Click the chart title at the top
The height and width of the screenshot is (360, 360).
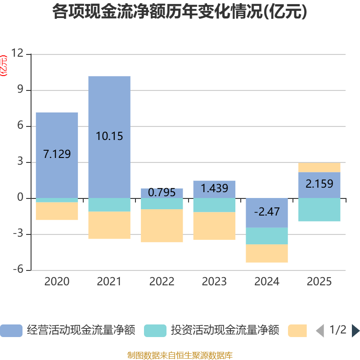point(180,12)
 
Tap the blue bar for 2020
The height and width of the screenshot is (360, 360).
point(57,130)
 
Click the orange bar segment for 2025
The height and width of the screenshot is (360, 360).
point(319,167)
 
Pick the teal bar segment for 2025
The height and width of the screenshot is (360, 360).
point(319,210)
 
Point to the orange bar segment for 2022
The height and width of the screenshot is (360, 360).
point(162,226)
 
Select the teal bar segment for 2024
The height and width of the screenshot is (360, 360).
point(267,236)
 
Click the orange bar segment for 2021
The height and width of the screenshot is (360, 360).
point(109,225)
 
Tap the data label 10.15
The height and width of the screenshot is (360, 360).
point(109,136)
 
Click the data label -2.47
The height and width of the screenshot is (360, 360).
point(267,211)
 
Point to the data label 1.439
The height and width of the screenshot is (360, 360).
point(214,189)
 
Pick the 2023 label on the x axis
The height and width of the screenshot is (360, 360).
point(214,282)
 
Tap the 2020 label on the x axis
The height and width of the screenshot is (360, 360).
point(57,282)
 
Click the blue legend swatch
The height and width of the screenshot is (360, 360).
point(11,331)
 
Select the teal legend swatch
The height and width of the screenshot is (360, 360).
point(155,331)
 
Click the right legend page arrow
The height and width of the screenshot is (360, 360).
point(355,331)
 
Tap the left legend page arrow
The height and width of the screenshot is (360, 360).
point(320,331)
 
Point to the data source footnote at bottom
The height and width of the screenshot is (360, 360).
point(180,355)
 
